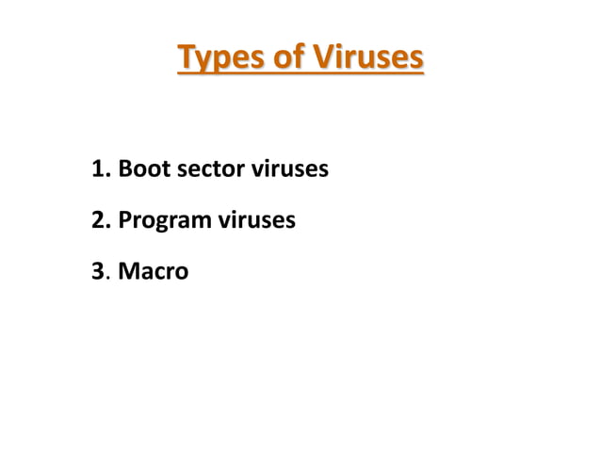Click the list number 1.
coord(98,170)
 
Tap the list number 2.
coord(99,221)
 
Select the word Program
coord(165,222)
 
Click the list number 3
coord(99,272)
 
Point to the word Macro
coord(154,272)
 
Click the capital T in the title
coord(187,57)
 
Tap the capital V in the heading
coord(320,57)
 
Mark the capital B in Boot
coord(125,170)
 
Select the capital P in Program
coord(125,221)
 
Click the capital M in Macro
coord(129,272)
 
